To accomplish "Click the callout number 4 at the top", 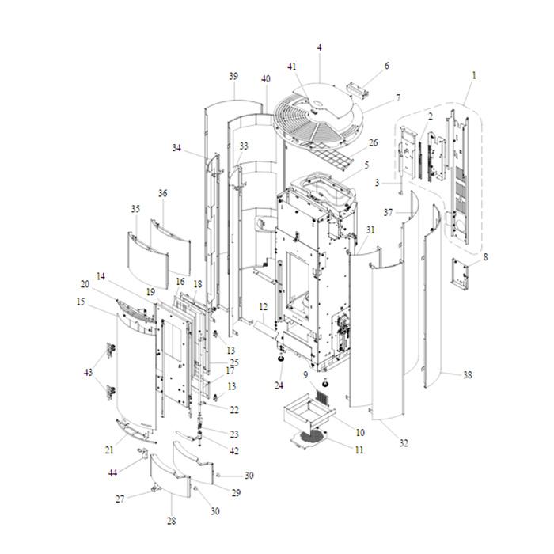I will [320, 47].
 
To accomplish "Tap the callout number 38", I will [467, 375].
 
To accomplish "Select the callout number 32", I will [404, 443].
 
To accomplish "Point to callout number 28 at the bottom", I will [171, 521].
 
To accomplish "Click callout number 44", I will [113, 472].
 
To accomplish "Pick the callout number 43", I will [88, 372].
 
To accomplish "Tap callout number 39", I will [233, 76].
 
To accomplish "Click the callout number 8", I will [485, 256].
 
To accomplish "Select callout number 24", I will [279, 385].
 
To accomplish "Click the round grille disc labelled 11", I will [311, 438].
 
